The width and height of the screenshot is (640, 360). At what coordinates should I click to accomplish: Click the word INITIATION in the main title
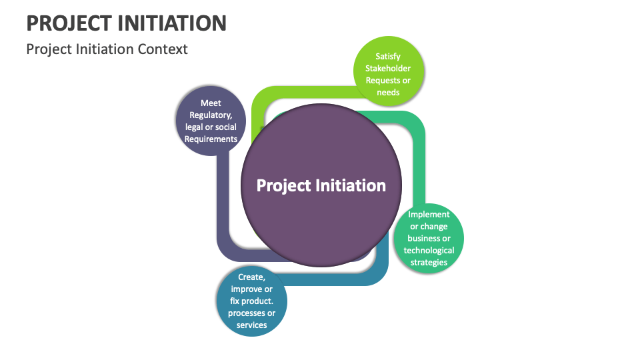[173, 23]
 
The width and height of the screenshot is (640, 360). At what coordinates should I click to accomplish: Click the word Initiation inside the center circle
[352, 185]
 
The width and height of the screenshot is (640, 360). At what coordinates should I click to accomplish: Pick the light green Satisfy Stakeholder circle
[388, 73]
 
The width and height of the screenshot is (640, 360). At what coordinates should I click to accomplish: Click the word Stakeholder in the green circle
[388, 69]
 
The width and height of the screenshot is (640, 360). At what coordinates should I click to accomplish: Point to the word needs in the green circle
[388, 93]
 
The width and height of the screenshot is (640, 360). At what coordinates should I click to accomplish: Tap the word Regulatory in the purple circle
[211, 115]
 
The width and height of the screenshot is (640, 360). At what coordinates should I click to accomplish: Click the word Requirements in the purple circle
[211, 139]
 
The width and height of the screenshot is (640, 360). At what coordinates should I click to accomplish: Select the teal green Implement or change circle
[429, 238]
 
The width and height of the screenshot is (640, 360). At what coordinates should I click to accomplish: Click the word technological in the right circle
[429, 251]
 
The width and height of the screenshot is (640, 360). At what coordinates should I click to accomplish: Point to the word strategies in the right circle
[429, 263]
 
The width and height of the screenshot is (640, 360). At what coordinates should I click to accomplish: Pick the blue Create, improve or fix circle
[251, 301]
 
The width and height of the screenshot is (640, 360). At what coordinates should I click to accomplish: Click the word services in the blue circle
[251, 325]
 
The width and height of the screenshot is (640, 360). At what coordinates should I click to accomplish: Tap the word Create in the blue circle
[251, 277]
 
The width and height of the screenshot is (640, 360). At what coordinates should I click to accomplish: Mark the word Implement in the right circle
[429, 215]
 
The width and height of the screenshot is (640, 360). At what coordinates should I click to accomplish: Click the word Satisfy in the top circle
[388, 57]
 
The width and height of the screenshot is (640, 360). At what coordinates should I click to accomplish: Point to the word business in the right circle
[429, 239]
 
